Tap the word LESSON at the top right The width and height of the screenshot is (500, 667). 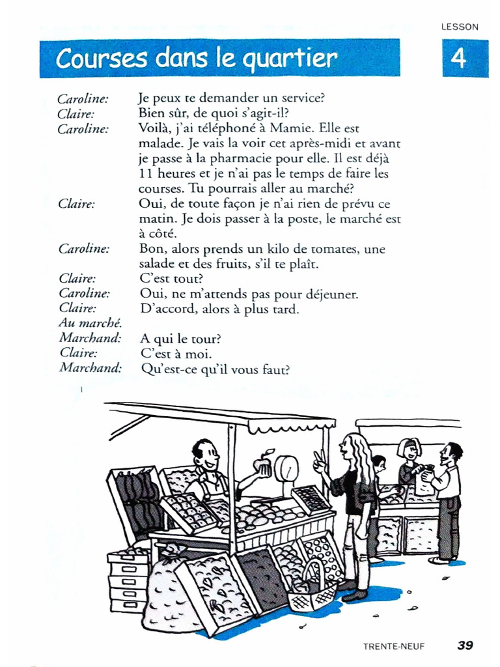460,27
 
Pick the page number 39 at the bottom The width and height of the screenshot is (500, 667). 465,646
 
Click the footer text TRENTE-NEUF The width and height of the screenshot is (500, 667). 394,646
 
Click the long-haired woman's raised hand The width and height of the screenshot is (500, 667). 319,463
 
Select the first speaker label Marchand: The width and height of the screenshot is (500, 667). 90,338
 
